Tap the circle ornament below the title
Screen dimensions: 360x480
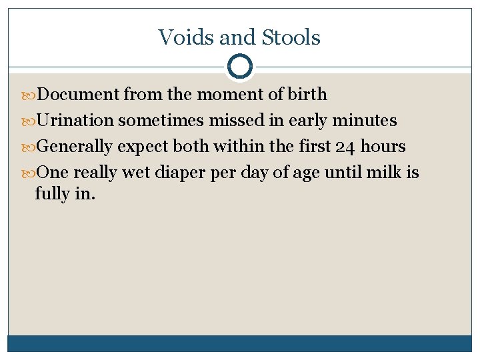click(x=239, y=67)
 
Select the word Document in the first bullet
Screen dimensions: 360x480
click(x=78, y=94)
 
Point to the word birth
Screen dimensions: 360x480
click(x=307, y=94)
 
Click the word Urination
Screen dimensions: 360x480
click(x=75, y=121)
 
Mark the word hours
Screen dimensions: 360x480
click(x=383, y=147)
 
